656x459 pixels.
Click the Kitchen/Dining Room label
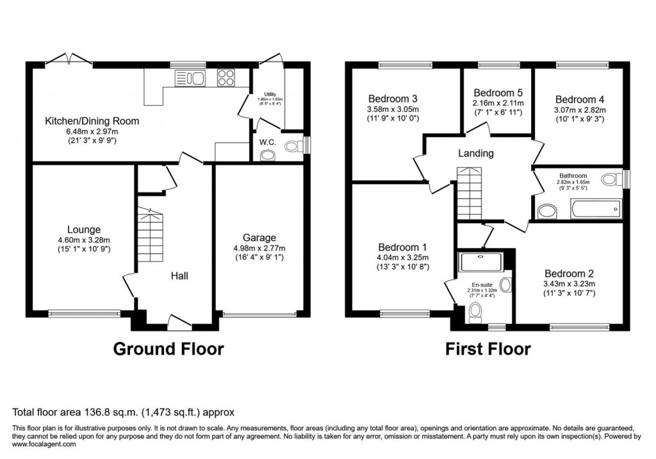point(92,121)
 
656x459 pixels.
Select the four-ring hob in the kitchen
point(226,78)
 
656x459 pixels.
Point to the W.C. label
point(268,142)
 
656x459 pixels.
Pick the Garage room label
point(259,237)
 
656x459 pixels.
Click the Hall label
point(179,276)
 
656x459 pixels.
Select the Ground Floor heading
point(168,349)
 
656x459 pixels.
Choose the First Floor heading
point(488,349)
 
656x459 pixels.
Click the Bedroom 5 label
point(498,93)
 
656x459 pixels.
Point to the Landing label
point(475,153)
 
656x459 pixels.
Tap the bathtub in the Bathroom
point(595,208)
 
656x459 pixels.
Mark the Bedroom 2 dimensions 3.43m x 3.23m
point(570,284)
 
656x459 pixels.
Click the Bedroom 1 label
point(403,247)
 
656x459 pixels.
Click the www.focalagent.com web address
point(44,444)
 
